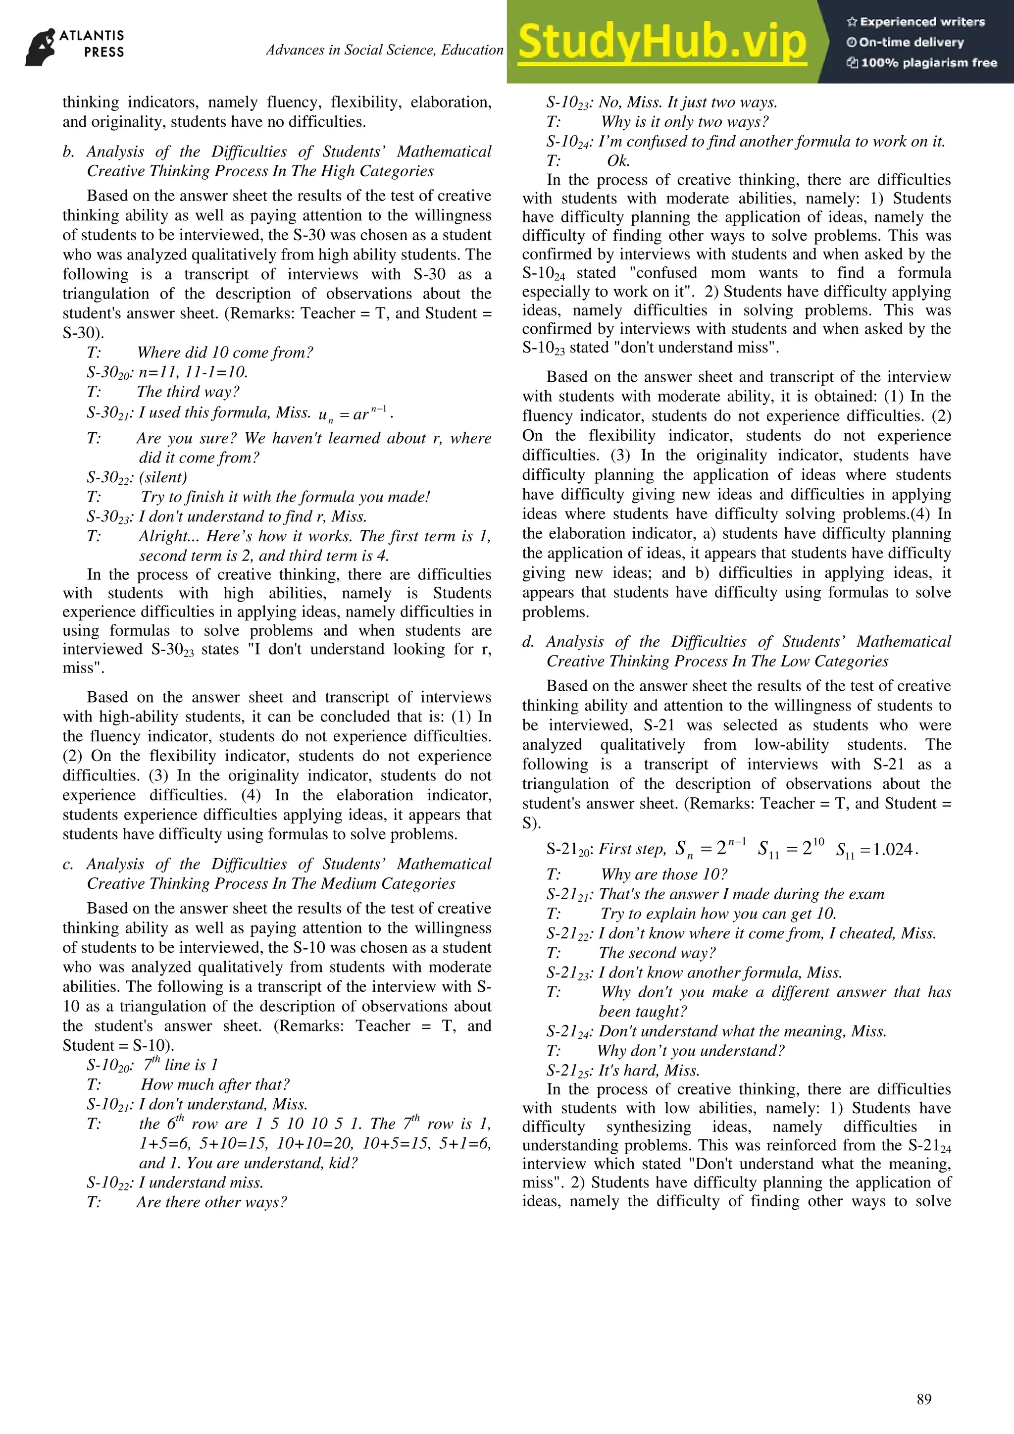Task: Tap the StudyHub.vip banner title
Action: tap(662, 43)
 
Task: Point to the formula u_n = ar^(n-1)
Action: tap(355, 413)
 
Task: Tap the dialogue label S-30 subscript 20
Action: tap(110, 373)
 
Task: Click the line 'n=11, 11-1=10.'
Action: tap(193, 372)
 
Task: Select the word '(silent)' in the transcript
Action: tap(163, 477)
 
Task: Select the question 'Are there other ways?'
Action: tap(212, 1202)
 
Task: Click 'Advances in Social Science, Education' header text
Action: tap(385, 50)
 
